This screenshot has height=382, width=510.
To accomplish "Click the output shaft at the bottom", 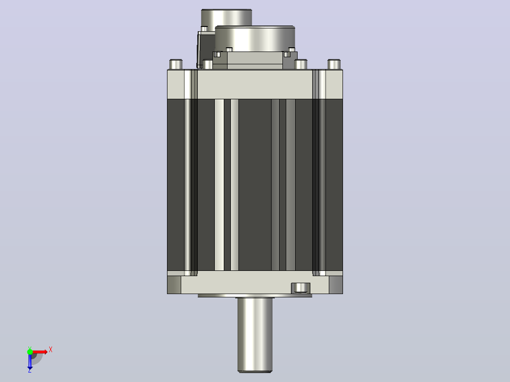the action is (255, 335).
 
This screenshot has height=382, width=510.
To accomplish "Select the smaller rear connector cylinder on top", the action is (226, 17).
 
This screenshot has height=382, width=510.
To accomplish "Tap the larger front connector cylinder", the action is (255, 38).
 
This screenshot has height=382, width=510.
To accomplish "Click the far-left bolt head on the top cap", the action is (176, 64).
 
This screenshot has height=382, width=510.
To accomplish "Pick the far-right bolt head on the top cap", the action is (334, 64).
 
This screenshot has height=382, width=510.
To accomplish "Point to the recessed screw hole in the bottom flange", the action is (300, 288).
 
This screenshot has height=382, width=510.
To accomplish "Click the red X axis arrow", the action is (39, 352).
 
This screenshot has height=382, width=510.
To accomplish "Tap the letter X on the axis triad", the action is (51, 350).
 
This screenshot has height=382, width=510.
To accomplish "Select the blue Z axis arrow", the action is (30, 361).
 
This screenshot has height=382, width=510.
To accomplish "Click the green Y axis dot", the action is (30, 351).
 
